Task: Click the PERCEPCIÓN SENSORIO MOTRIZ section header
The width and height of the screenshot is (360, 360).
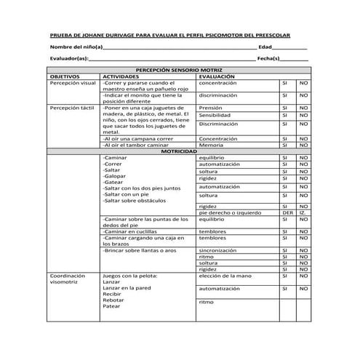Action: (180, 70)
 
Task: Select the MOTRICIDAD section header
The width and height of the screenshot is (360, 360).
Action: (180, 151)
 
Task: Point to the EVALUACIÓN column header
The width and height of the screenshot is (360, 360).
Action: (217, 76)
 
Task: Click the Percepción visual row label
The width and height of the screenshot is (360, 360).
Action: (73, 83)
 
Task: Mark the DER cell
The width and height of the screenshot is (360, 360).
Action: (287, 213)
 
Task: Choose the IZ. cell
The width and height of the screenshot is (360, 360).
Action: (303, 213)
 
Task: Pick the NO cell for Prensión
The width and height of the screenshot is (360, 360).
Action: (303, 108)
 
